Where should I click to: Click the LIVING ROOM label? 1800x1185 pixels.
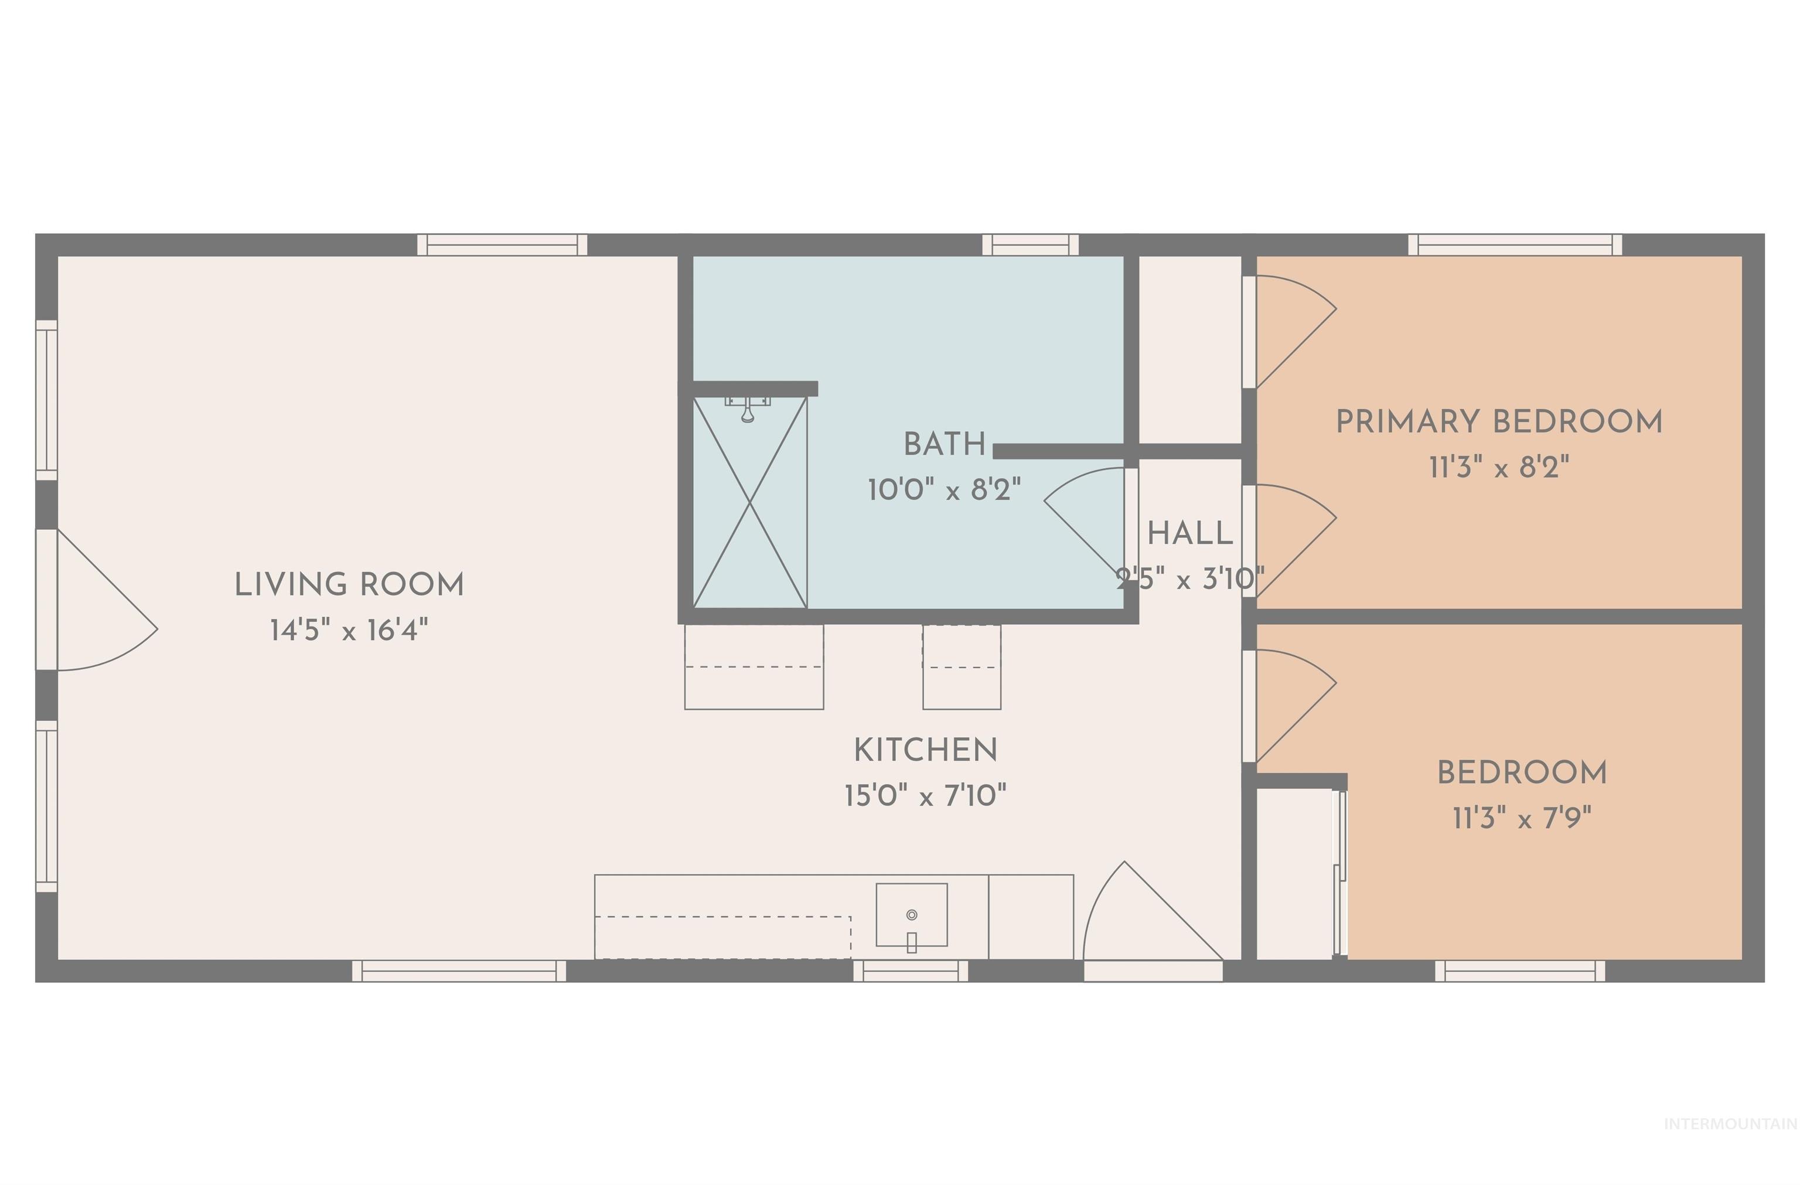click(349, 584)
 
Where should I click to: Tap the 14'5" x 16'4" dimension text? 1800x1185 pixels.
click(349, 630)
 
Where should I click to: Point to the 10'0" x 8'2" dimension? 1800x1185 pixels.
click(945, 490)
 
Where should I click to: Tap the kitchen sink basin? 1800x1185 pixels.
click(911, 915)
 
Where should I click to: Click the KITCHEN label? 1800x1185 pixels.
click(926, 750)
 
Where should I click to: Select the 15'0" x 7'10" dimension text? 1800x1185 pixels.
click(926, 795)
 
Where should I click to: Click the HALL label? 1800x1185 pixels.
click(1191, 534)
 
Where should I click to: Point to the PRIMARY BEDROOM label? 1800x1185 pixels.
click(1499, 422)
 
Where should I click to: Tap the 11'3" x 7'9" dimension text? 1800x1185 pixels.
click(1522, 818)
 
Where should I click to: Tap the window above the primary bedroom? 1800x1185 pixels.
click(1515, 245)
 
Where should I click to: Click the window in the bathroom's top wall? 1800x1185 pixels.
click(1030, 245)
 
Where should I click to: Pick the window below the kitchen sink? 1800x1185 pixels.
click(911, 971)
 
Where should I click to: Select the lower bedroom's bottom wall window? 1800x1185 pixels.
click(1520, 971)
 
